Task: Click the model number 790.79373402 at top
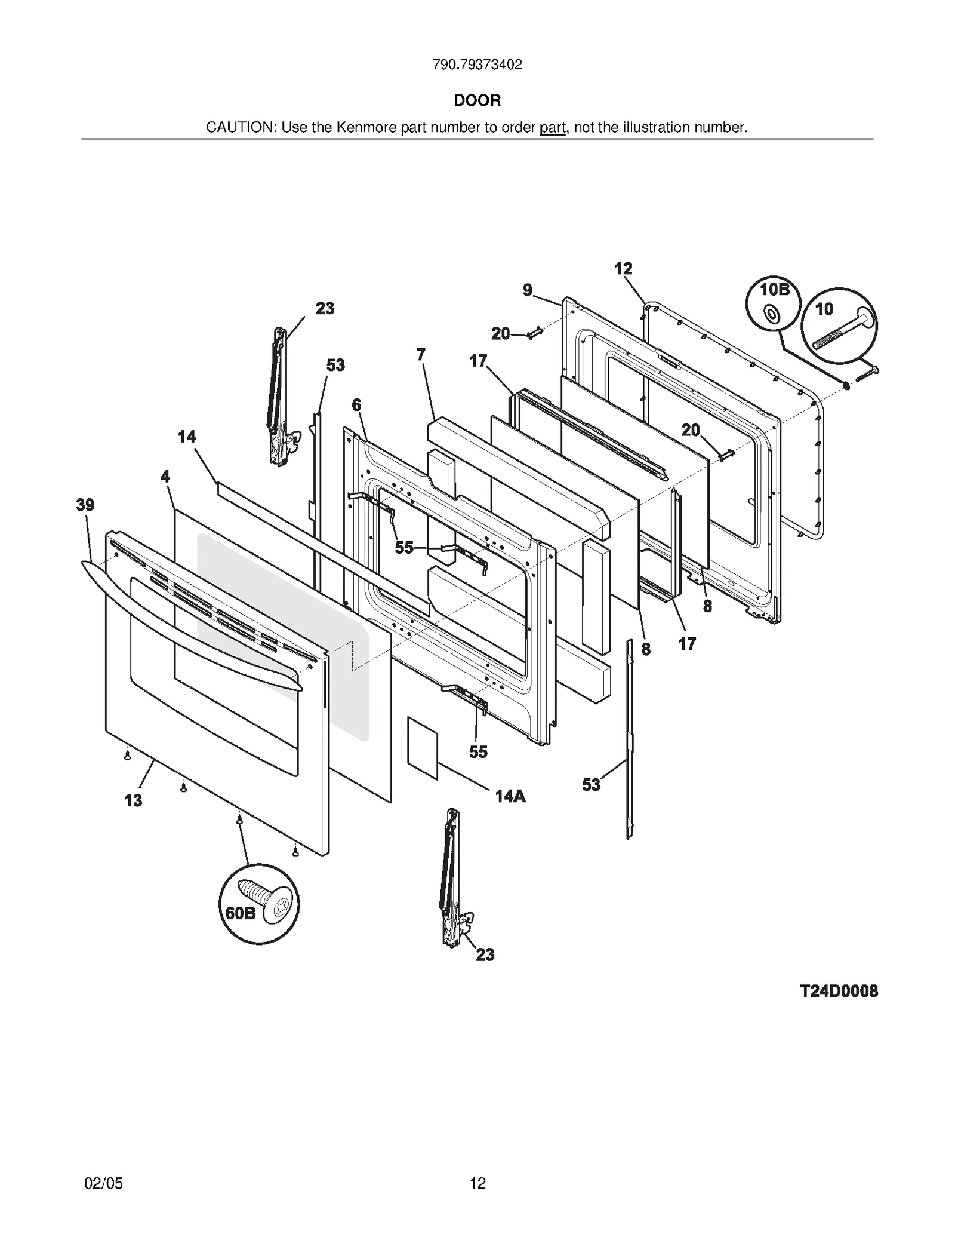pos(477,65)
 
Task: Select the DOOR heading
pos(477,100)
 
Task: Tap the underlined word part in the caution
pos(552,127)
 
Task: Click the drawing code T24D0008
pos(839,992)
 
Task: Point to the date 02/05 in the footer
pos(104,1183)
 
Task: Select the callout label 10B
pos(774,290)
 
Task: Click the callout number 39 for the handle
pos(85,505)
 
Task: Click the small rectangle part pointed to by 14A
pos(423,748)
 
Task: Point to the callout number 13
pos(133,800)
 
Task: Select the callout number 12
pos(623,269)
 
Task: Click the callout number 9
pos(528,290)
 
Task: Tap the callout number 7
pos(421,355)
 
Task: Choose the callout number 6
pos(356,405)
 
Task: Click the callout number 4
pos(165,477)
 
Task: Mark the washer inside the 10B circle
pos(771,313)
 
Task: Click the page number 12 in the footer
pos(478,1183)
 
